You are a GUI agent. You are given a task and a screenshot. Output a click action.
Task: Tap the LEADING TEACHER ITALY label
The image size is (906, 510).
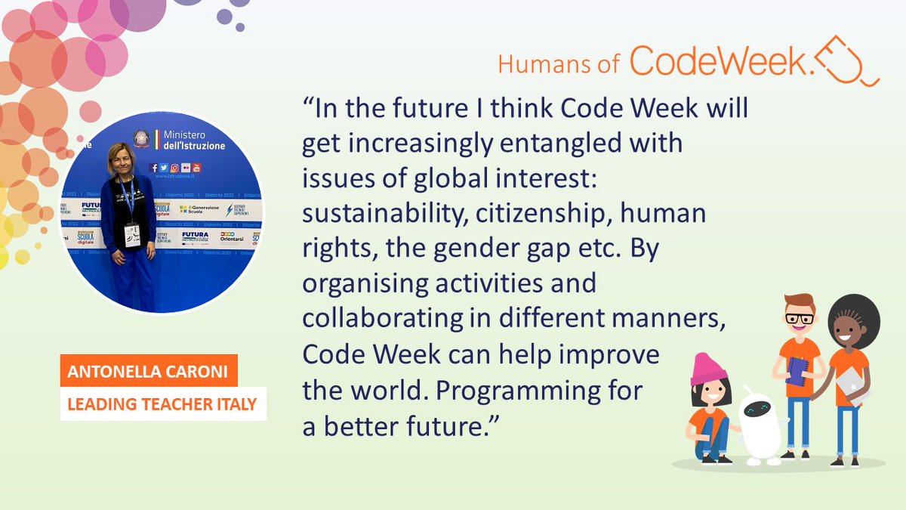coord(162,405)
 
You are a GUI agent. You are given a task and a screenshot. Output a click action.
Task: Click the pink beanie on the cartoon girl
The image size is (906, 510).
coord(708,369)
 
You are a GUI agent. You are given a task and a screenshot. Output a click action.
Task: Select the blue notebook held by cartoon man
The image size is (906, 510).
coord(797,372)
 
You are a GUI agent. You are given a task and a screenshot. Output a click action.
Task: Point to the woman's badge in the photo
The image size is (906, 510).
coord(132,236)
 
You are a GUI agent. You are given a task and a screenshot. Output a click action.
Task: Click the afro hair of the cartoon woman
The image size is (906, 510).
coord(854,315)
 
